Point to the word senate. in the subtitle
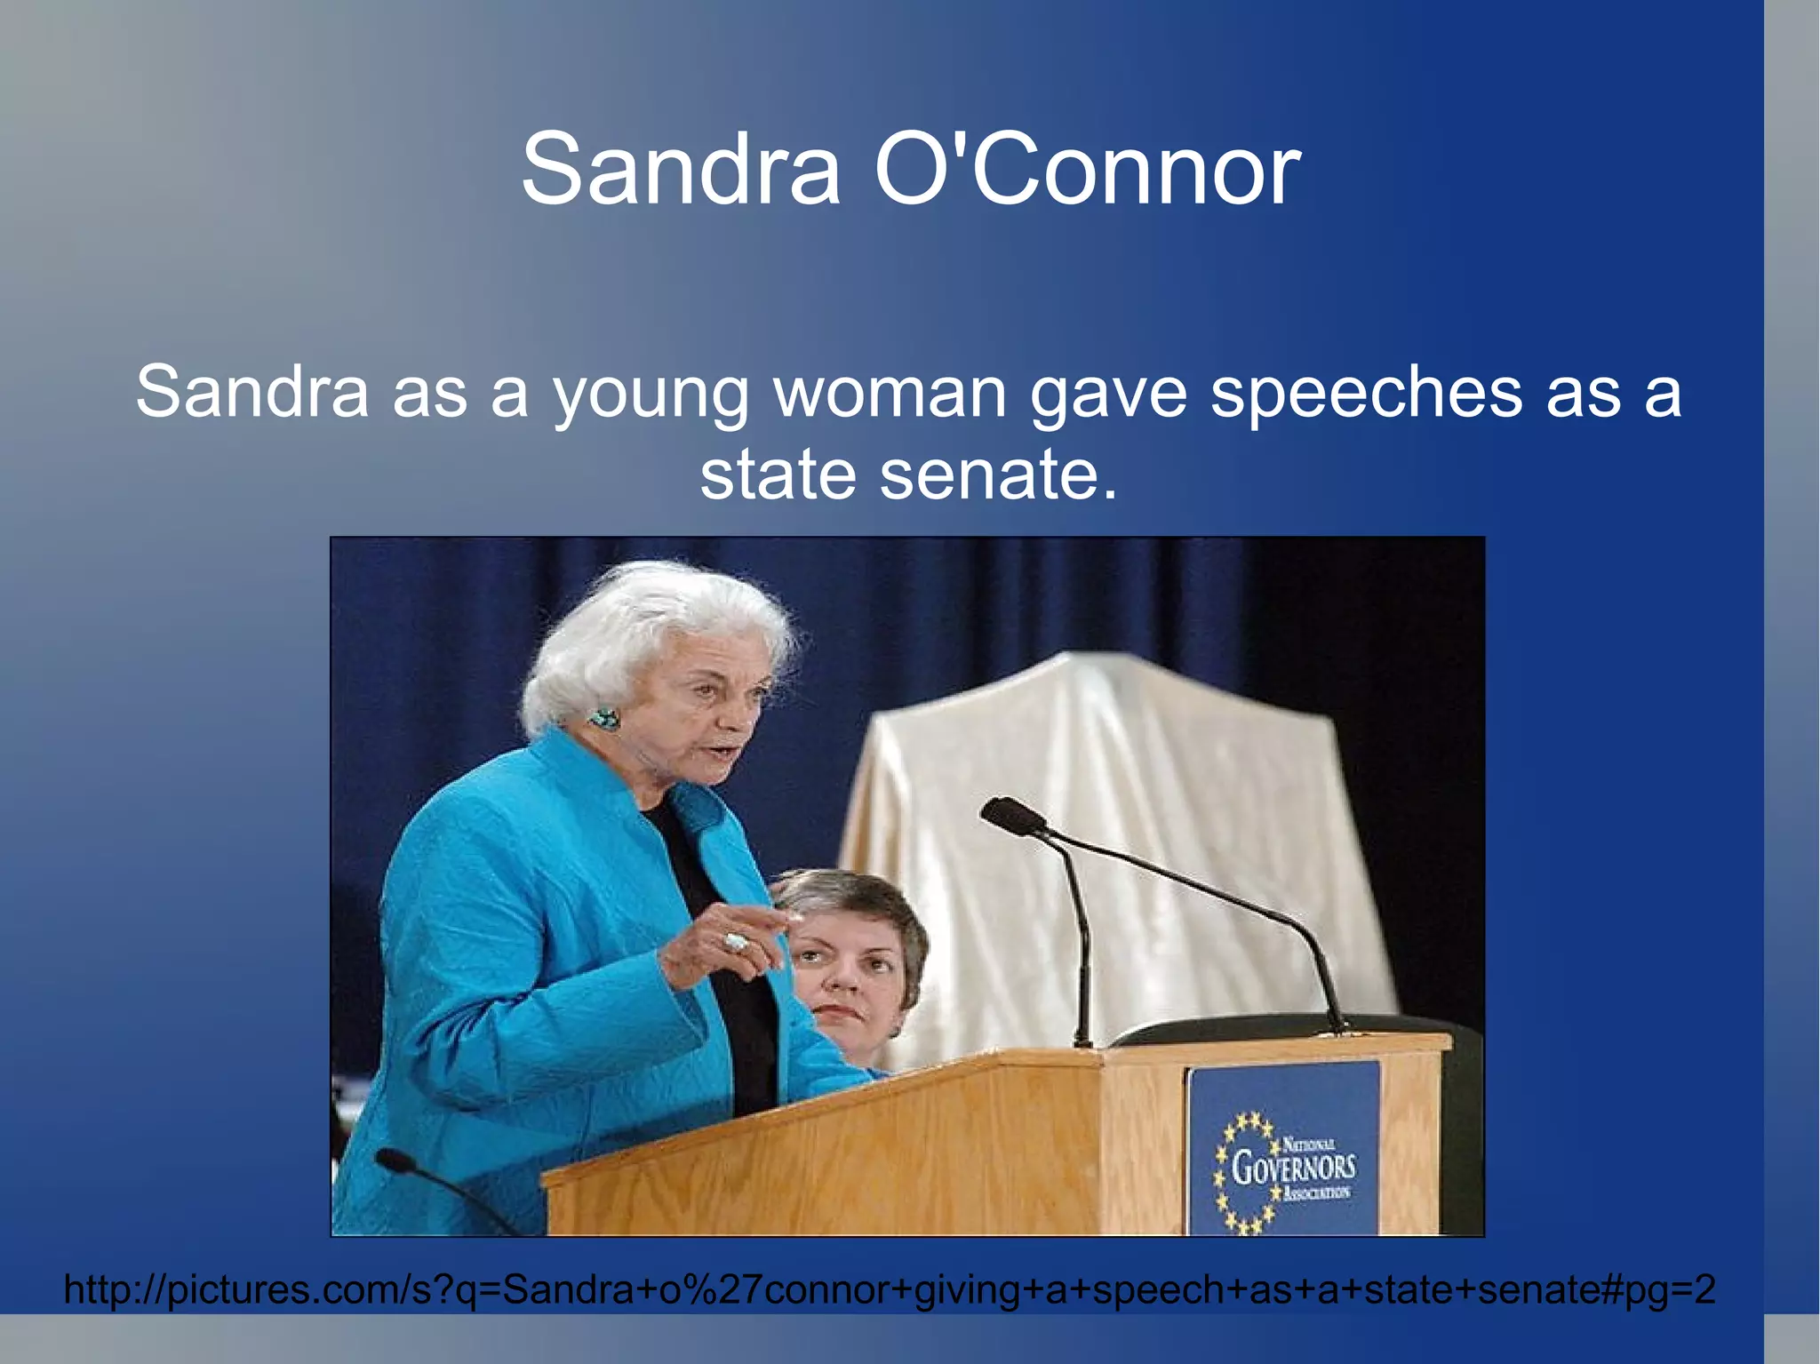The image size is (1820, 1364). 998,473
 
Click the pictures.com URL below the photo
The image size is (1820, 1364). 889,1288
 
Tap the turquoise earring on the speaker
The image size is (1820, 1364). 605,717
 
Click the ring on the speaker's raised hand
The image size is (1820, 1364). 737,941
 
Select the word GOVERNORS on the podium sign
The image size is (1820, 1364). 1293,1167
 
